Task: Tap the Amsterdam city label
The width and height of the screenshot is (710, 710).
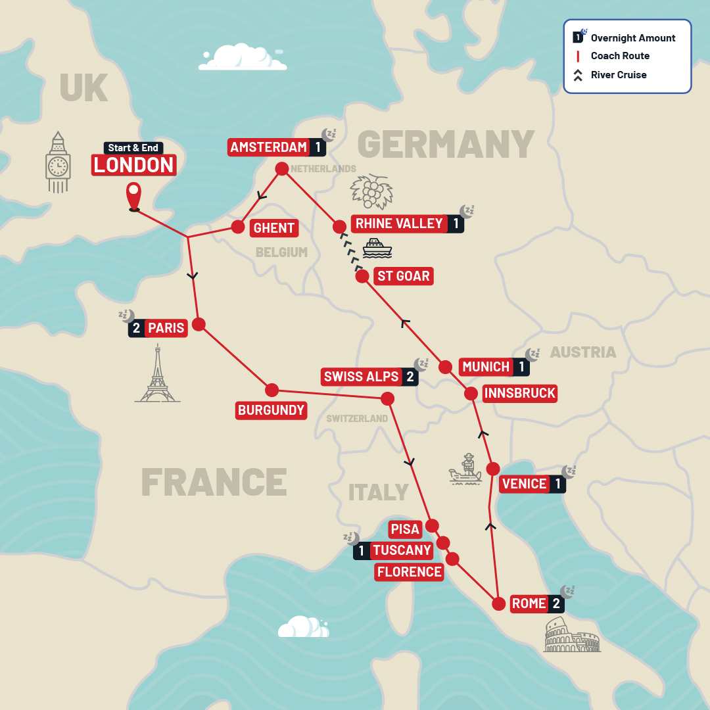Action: [x=269, y=147]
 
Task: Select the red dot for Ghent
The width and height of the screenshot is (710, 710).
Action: [x=237, y=227]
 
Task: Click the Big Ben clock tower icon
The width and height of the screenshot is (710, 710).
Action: [x=58, y=162]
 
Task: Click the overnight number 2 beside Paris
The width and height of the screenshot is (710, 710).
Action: [x=136, y=327]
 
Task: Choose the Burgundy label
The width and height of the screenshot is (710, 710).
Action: [x=271, y=411]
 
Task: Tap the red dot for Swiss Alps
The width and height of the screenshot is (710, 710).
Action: [x=387, y=398]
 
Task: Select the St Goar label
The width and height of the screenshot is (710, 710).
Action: [x=403, y=276]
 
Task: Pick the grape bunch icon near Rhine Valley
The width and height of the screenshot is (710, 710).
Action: [x=371, y=191]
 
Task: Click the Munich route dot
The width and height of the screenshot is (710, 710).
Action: [x=445, y=367]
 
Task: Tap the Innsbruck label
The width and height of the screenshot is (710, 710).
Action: [x=520, y=394]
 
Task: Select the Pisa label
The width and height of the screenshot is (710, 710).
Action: [x=404, y=529]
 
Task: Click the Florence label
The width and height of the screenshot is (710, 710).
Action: [x=409, y=572]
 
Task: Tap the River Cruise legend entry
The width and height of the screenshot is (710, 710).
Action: [x=618, y=75]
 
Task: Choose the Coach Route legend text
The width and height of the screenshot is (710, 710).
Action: [x=620, y=56]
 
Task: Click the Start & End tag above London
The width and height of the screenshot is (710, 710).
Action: [x=133, y=148]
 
